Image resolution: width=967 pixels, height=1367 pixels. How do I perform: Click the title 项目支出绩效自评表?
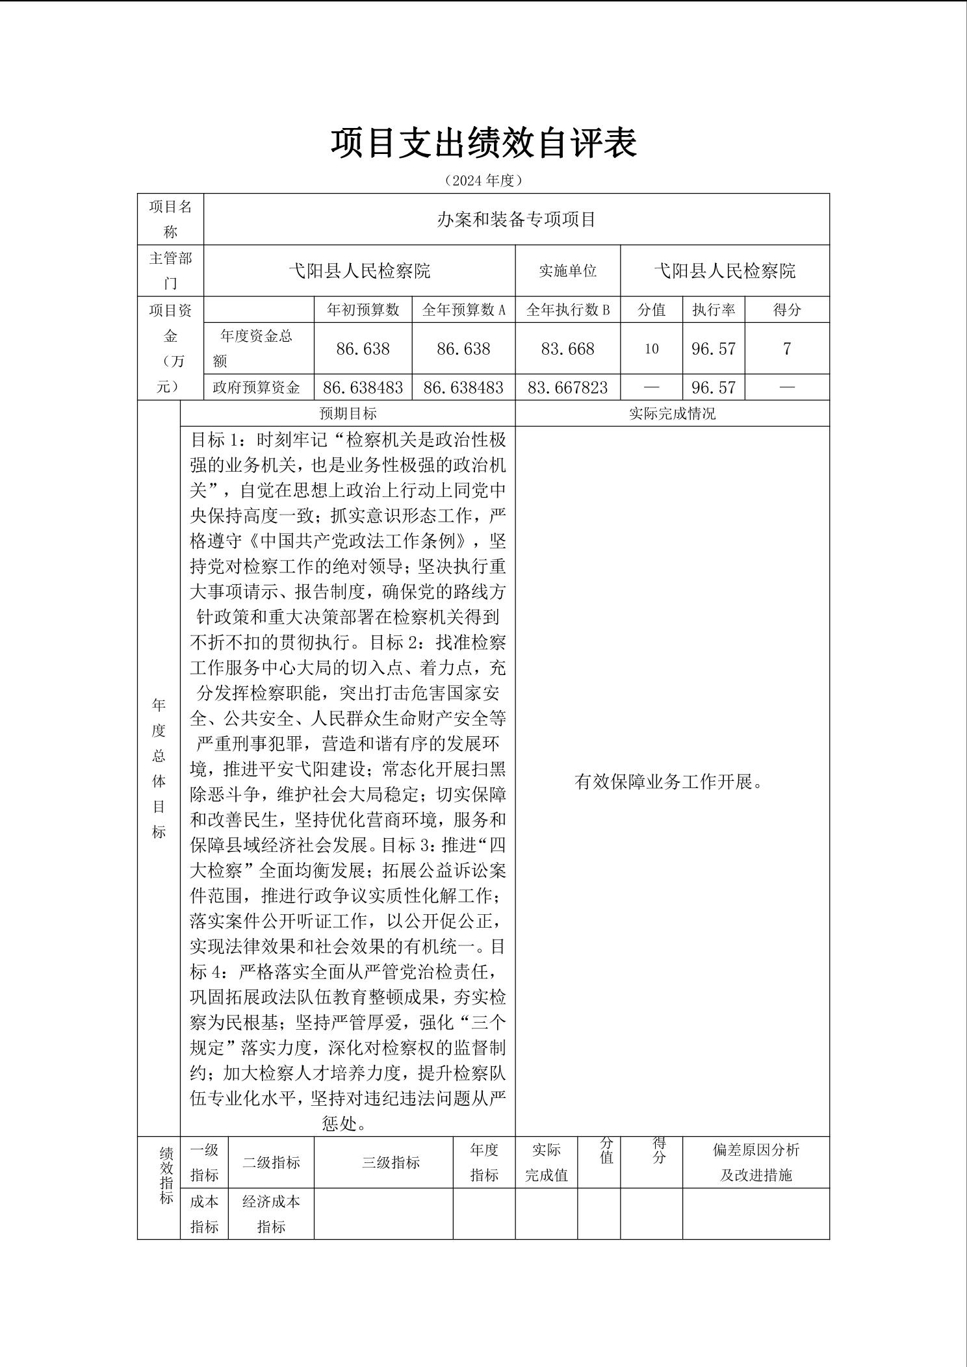483,143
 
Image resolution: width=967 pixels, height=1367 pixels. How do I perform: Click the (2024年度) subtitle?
483,181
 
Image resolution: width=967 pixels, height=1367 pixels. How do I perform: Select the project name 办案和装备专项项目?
516,220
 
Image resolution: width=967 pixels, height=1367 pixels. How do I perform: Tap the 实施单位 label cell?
567,271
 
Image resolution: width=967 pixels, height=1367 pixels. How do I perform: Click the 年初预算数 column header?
363,310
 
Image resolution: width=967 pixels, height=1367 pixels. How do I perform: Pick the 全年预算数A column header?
463,310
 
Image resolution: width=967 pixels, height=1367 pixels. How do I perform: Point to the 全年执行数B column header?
567,310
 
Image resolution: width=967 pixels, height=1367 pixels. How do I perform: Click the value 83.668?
567,349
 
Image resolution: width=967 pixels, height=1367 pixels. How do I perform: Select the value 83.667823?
567,388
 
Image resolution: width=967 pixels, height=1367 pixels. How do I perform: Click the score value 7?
786,349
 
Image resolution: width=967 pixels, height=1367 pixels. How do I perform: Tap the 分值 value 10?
651,349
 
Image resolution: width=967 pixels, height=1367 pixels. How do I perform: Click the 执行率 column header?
714,310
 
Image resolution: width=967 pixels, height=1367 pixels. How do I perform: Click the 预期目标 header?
348,413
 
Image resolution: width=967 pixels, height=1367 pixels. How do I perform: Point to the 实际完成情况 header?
672,413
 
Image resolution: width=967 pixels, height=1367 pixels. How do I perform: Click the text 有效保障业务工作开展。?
669,782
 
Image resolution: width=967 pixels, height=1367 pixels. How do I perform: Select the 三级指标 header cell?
391,1162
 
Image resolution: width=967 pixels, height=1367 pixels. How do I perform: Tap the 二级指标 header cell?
271,1162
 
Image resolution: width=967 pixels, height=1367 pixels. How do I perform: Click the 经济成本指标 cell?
271,1214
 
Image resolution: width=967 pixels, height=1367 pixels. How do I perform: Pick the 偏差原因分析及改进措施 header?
756,1162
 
